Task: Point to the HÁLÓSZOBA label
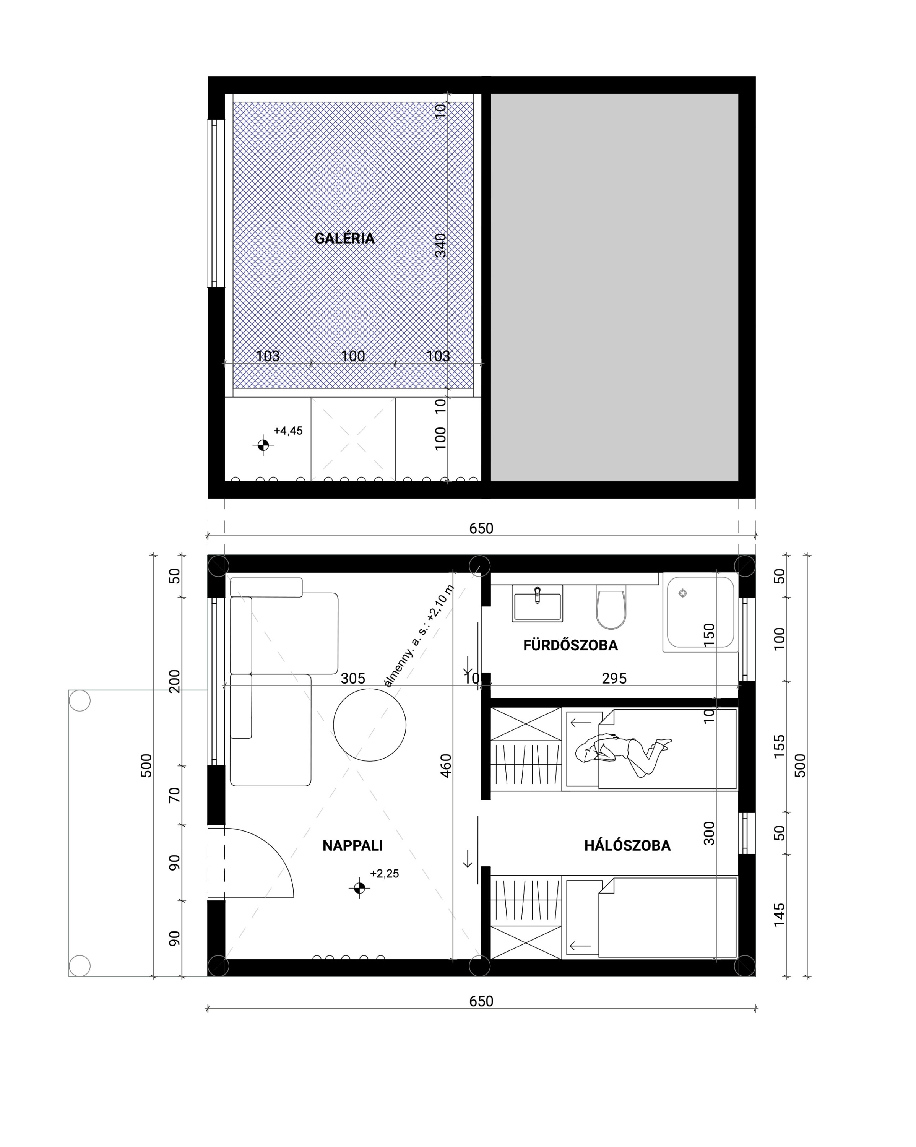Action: pos(627,845)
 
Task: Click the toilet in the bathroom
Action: pos(611,607)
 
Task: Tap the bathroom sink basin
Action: pos(537,603)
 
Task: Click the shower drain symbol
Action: pos(683,593)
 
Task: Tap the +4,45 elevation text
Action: pos(288,431)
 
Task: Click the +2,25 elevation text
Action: pos(384,874)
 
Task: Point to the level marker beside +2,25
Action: pos(360,888)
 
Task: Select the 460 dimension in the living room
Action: pos(446,765)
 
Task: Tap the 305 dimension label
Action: pos(353,678)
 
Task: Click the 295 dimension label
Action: pos(614,678)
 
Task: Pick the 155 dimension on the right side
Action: pos(779,746)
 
